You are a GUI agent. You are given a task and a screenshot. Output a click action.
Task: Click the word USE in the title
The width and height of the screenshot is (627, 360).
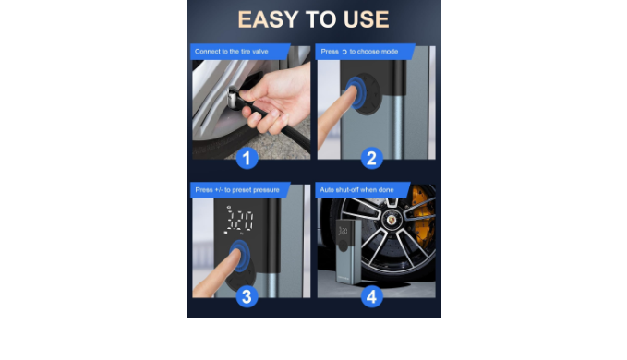[366, 19]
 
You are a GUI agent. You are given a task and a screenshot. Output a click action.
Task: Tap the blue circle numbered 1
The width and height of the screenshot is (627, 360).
[247, 158]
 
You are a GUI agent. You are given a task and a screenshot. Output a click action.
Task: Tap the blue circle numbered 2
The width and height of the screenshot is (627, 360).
[371, 158]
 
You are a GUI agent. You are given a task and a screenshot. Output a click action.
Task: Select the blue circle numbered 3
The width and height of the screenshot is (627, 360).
[247, 296]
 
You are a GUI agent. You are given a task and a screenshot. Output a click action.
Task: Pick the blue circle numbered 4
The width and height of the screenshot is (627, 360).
[371, 296]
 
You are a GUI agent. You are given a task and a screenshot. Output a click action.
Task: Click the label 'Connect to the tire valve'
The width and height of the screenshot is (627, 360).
[232, 52]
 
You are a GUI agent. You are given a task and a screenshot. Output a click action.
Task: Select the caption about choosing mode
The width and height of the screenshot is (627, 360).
[359, 52]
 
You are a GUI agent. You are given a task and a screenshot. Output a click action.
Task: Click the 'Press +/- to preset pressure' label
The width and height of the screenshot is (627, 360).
[237, 190]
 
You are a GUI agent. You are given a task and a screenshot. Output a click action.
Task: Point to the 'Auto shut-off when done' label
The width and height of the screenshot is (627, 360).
[356, 190]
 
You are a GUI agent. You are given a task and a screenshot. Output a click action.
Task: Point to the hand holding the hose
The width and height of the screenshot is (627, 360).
[277, 98]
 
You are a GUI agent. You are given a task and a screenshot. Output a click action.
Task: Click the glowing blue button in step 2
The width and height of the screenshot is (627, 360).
[356, 92]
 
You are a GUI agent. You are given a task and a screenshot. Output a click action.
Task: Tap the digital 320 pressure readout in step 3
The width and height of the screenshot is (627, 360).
[239, 221]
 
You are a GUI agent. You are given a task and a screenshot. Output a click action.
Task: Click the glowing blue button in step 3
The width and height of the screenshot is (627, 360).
[240, 256]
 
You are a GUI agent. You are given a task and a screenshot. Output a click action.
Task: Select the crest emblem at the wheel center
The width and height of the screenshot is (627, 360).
[392, 219]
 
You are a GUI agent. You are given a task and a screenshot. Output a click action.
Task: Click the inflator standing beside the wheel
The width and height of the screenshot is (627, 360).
[348, 252]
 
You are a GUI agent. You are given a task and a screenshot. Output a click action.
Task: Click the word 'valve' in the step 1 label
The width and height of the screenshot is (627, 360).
[259, 52]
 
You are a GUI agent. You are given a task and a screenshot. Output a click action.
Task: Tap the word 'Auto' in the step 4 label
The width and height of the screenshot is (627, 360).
[327, 190]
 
